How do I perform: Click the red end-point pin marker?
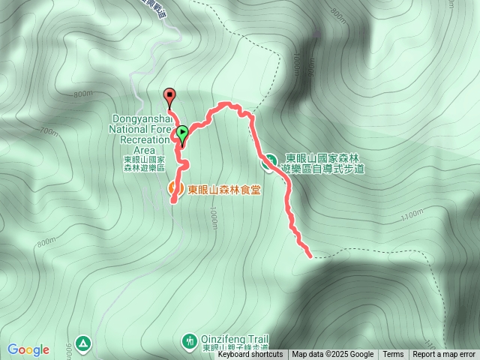point(169,96)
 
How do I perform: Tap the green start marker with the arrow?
point(182,134)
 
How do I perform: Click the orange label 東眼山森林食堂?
point(224,189)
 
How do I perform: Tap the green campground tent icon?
point(82,343)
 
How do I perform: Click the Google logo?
point(28,349)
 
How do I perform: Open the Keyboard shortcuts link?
point(250,355)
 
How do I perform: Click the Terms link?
point(393,355)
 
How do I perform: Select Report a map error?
point(444,355)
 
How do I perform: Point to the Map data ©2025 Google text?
point(332,355)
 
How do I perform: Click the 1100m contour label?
point(412,216)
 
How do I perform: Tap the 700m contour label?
point(49,132)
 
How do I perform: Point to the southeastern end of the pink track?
point(310,255)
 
